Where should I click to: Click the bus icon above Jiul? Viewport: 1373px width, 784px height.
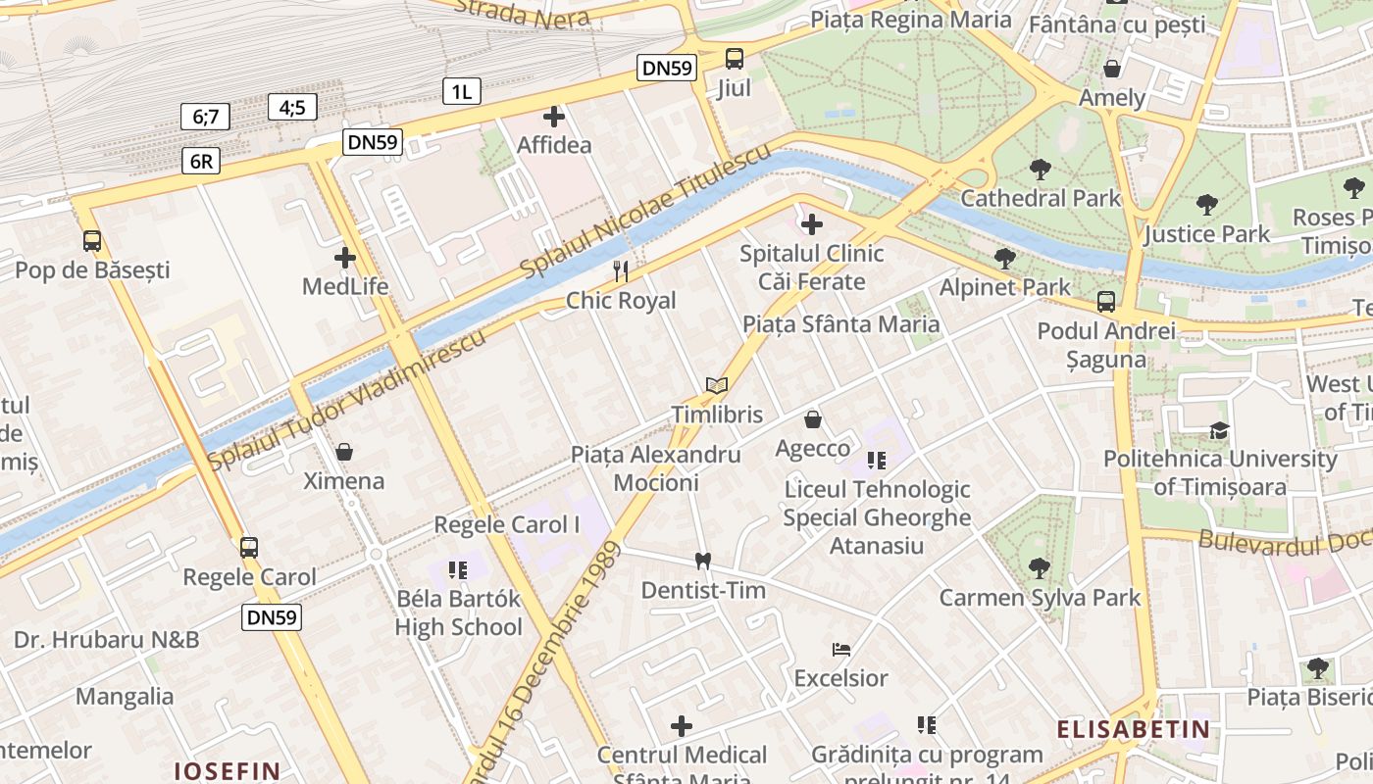click(734, 59)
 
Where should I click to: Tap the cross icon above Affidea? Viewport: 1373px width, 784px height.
click(554, 117)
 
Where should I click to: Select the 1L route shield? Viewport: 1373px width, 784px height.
click(461, 92)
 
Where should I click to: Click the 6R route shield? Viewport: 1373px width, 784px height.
click(200, 162)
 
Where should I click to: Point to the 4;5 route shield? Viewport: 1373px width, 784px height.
click(292, 107)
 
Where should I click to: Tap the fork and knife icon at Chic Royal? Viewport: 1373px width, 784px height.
click(620, 270)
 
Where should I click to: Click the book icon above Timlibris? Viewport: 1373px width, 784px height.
click(717, 386)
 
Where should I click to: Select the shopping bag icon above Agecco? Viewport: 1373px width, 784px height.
click(813, 419)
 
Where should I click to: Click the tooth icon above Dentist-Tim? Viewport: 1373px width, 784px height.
click(702, 562)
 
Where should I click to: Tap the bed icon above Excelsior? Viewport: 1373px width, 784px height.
click(840, 649)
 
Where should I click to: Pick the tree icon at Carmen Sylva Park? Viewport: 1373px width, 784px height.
click(1039, 567)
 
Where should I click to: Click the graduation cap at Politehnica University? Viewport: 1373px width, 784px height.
click(1219, 430)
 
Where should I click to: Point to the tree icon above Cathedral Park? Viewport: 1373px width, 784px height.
click(1041, 170)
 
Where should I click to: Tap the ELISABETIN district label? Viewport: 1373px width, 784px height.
click(1133, 729)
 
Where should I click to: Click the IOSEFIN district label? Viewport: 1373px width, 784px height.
click(228, 770)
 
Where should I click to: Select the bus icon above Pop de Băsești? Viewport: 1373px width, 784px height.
click(91, 241)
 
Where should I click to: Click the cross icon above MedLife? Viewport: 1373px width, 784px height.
click(345, 259)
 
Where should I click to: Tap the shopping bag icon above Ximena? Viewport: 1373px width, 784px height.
click(343, 452)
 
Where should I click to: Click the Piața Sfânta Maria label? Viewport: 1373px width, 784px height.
click(840, 323)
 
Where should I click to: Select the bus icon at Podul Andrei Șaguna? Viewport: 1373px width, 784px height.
click(1106, 302)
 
